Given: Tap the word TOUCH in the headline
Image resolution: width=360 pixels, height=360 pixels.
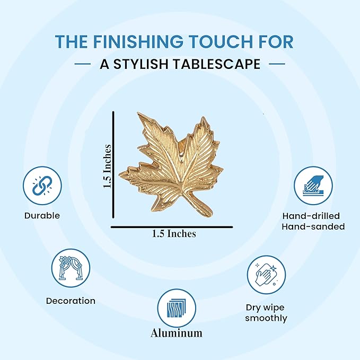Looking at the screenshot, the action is coord(217,41).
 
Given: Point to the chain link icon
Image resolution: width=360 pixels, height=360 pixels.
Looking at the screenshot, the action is coord(42,186).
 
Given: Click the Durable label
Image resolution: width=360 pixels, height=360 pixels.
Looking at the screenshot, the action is coord(42,216).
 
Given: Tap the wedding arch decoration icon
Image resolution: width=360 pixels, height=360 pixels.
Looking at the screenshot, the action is coord(71,268).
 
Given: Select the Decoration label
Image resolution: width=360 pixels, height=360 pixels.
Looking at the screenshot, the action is coord(71,301).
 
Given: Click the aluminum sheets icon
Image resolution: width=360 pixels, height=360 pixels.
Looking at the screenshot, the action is coord(177,308).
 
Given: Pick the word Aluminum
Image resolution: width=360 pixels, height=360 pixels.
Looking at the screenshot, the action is coord(177,333).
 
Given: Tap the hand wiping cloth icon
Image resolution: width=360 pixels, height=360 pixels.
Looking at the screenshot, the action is coord(266,275).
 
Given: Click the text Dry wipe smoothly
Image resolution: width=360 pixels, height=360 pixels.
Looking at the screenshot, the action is coord(266,313).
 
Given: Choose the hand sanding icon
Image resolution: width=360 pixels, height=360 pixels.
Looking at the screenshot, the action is coord(313,186).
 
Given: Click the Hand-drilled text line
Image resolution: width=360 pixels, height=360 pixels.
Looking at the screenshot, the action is coord(311,216).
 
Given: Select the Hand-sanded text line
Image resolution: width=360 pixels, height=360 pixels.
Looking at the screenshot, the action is coord(313,226).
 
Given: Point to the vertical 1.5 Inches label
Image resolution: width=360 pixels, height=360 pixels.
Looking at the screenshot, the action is coord(108,166).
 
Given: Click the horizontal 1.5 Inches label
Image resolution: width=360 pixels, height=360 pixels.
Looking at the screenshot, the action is coord(174,234).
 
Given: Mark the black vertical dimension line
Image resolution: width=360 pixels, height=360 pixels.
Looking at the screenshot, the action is coord(113,164).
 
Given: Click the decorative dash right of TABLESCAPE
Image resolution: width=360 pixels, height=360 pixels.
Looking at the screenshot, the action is coord(277,64).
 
